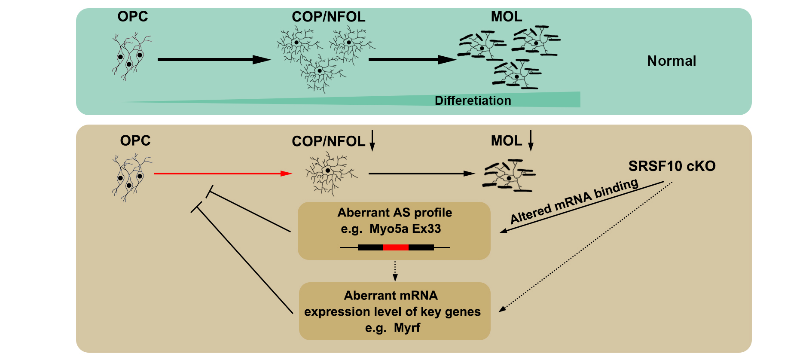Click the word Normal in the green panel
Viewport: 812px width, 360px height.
click(672, 61)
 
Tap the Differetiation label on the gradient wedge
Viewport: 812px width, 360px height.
click(473, 101)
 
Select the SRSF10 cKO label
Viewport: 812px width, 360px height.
click(672, 166)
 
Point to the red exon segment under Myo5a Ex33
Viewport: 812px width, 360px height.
click(396, 247)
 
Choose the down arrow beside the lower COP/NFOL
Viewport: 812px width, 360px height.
click(372, 140)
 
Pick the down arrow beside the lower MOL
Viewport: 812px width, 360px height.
click(531, 140)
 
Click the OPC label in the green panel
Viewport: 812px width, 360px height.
click(133, 17)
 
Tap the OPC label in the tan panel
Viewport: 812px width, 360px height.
click(135, 141)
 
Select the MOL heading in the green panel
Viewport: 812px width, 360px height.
click(507, 17)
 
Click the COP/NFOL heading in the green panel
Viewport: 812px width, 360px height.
click(328, 17)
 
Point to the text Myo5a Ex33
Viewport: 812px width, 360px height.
click(405, 229)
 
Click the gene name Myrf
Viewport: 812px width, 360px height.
click(407, 328)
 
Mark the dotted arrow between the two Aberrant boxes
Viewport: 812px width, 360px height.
click(395, 271)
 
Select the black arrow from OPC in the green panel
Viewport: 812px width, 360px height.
click(214, 60)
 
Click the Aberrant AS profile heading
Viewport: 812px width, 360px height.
click(394, 213)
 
